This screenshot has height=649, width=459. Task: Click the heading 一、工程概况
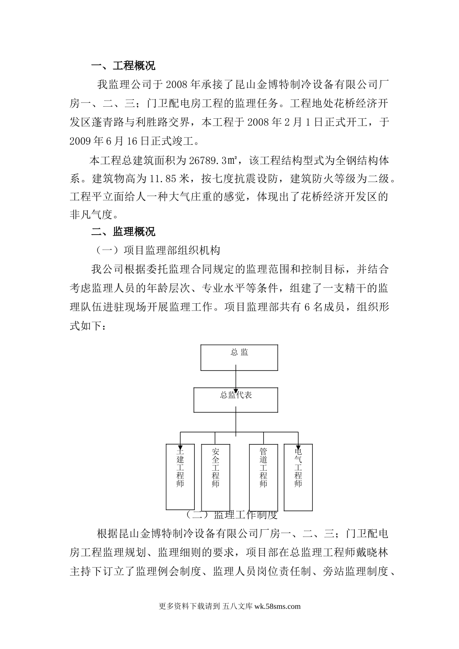[123, 66]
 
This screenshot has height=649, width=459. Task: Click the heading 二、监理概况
[123, 232]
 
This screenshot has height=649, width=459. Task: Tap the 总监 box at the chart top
[239, 357]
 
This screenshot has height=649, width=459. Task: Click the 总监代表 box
[236, 399]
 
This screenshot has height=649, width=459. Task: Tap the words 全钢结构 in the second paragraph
[344, 160]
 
